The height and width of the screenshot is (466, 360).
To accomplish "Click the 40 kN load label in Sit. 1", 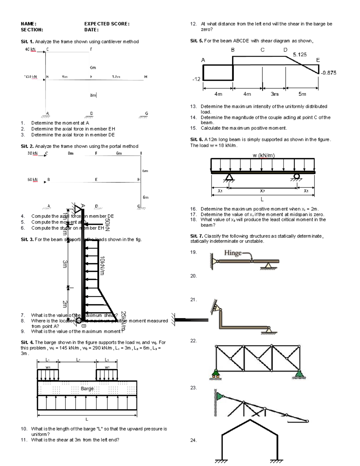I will (x=30, y=50).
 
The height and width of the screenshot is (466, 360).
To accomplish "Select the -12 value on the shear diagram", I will (x=196, y=79).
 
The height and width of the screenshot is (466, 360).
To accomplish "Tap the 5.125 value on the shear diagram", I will (x=300, y=54).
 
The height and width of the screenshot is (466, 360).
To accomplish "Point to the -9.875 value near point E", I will (x=328, y=73).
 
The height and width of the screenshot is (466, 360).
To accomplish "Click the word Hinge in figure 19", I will (x=233, y=253).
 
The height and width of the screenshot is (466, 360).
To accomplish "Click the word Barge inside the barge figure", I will (x=87, y=389).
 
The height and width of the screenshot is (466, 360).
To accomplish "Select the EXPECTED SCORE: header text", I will (x=107, y=24).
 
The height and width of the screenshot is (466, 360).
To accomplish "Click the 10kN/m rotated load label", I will (x=102, y=266).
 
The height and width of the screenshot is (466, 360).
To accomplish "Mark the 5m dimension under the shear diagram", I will (x=302, y=94).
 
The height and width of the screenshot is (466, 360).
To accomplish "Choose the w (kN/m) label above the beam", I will (x=263, y=155).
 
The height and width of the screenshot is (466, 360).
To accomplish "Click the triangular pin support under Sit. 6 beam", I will (x=229, y=177).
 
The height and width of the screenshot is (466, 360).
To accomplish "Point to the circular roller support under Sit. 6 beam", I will (x=297, y=176).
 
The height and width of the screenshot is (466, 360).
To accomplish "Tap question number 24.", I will (x=193, y=440).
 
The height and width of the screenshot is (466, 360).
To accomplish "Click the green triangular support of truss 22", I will (x=299, y=373).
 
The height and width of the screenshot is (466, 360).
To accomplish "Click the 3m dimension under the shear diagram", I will (x=274, y=94).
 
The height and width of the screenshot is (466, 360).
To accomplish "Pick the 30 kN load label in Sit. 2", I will (x=32, y=153).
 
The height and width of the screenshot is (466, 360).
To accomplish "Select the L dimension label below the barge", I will (x=87, y=419).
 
